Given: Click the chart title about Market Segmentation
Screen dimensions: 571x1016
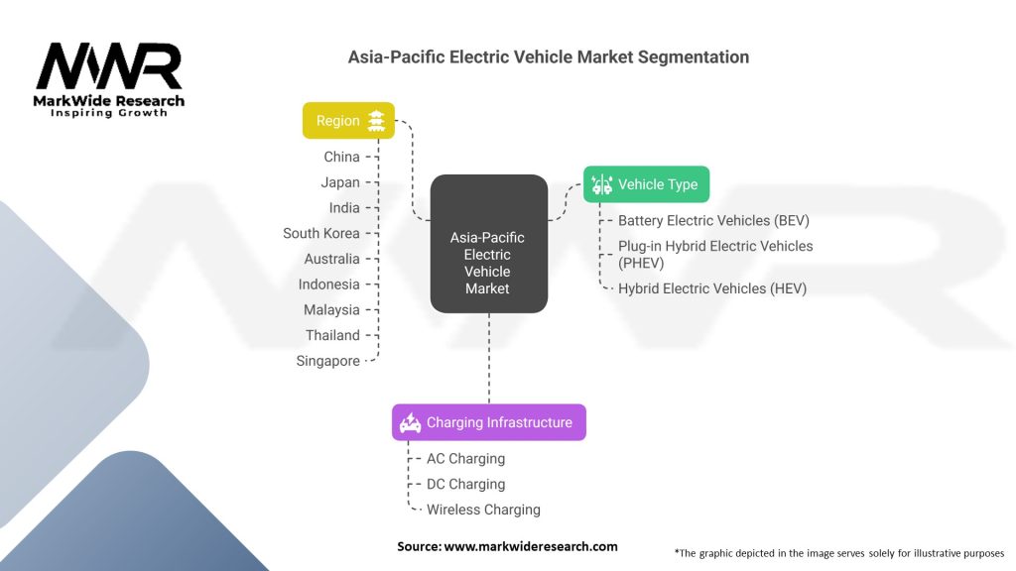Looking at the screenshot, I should [548, 57].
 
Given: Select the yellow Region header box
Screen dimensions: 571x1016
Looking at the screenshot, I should [348, 121].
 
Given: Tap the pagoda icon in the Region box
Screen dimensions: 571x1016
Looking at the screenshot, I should [376, 121].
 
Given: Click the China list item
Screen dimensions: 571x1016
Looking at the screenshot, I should [341, 157].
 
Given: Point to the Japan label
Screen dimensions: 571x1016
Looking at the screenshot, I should [340, 182].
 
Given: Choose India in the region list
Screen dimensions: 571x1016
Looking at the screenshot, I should [344, 208].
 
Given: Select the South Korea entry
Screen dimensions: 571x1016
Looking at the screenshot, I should [321, 233].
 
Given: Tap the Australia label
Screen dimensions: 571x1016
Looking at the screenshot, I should [332, 259].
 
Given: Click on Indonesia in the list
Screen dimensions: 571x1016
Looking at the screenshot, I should [330, 285].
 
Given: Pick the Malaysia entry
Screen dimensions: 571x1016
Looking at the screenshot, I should [331, 310].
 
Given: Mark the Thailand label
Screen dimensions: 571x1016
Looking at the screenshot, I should [332, 335].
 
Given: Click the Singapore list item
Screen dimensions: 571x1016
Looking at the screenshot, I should [327, 361].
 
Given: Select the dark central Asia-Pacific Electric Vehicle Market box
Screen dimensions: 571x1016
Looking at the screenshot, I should [488, 244].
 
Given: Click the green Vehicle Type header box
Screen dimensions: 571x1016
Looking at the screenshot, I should [646, 184].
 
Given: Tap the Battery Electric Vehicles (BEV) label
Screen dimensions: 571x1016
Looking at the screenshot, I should [713, 221].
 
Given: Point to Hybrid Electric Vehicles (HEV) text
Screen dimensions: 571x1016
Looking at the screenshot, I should [711, 288].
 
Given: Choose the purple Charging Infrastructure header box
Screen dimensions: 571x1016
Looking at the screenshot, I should [488, 422].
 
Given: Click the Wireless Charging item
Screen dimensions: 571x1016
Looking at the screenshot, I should [483, 510].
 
